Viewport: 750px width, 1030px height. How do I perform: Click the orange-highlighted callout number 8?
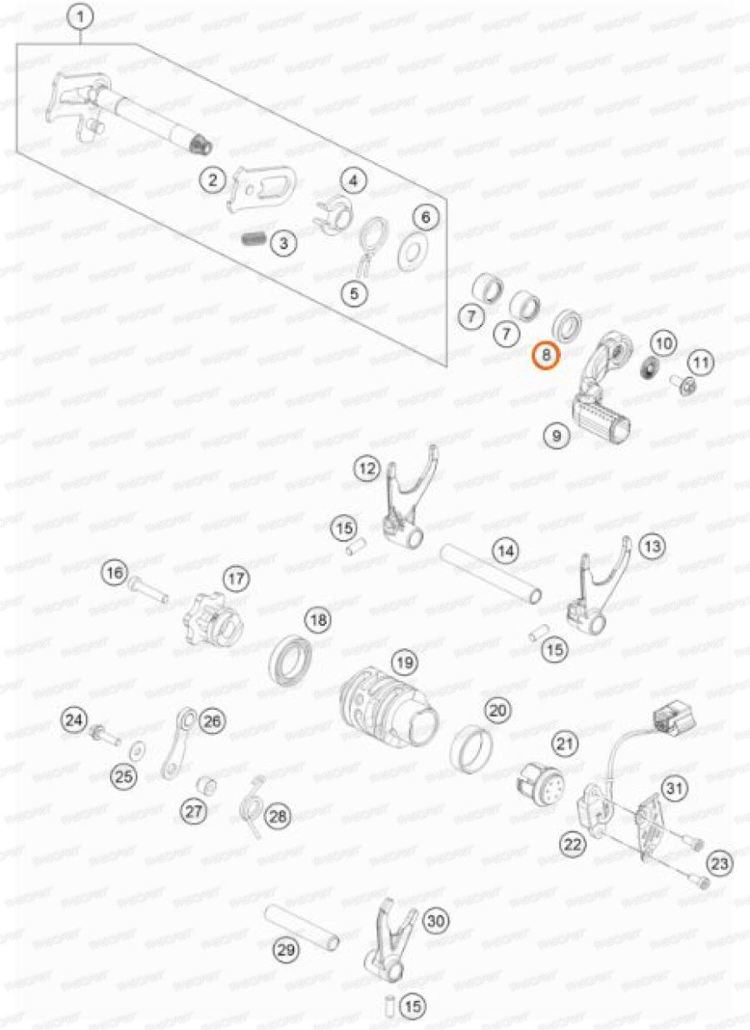pos(546,356)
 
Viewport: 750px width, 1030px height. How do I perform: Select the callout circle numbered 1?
pos(81,15)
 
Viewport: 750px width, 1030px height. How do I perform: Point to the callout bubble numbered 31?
pos(673,787)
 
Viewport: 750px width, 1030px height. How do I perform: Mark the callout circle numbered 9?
pos(556,434)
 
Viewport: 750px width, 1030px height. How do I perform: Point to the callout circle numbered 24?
pos(76,718)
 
